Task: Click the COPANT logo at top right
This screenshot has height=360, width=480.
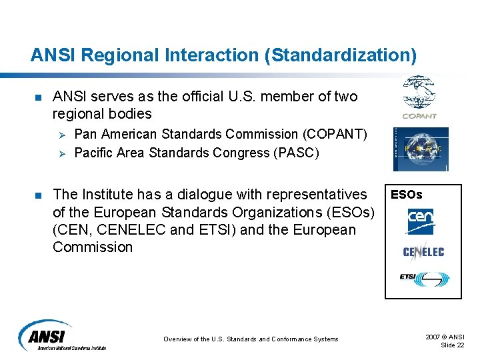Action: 419,97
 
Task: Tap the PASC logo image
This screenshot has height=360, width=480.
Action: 420,149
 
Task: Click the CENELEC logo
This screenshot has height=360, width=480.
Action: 423,251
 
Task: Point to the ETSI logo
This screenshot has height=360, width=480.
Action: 424,278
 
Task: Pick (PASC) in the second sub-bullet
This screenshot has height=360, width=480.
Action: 297,153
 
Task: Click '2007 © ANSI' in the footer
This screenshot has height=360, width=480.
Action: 445,337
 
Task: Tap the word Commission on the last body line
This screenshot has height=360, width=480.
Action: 93,247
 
